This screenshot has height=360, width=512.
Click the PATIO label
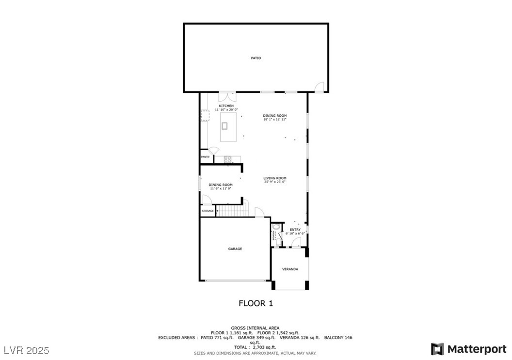point(256,58)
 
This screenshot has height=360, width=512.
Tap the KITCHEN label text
point(226,106)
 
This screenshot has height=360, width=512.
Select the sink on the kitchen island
point(224,126)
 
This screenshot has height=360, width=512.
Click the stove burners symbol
point(227,159)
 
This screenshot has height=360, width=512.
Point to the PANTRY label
point(205,157)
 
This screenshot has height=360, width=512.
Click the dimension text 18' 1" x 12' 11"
point(275,119)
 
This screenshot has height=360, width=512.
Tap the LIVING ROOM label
point(275,178)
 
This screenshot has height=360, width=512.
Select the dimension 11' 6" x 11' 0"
point(221,188)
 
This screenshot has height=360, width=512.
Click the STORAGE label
point(208,211)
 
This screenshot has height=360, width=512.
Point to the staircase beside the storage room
point(231,211)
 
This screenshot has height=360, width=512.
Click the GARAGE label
point(235,249)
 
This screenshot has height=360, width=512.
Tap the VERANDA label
point(290,269)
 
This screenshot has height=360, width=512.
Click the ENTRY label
point(295,230)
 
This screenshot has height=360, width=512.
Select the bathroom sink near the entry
point(276,226)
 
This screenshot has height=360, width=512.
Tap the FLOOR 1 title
point(256,303)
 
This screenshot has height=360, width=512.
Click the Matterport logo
point(468,349)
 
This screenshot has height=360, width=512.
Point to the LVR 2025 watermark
point(27,350)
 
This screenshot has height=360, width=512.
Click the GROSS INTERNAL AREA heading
point(255,328)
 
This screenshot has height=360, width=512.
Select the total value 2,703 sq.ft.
point(264,347)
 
